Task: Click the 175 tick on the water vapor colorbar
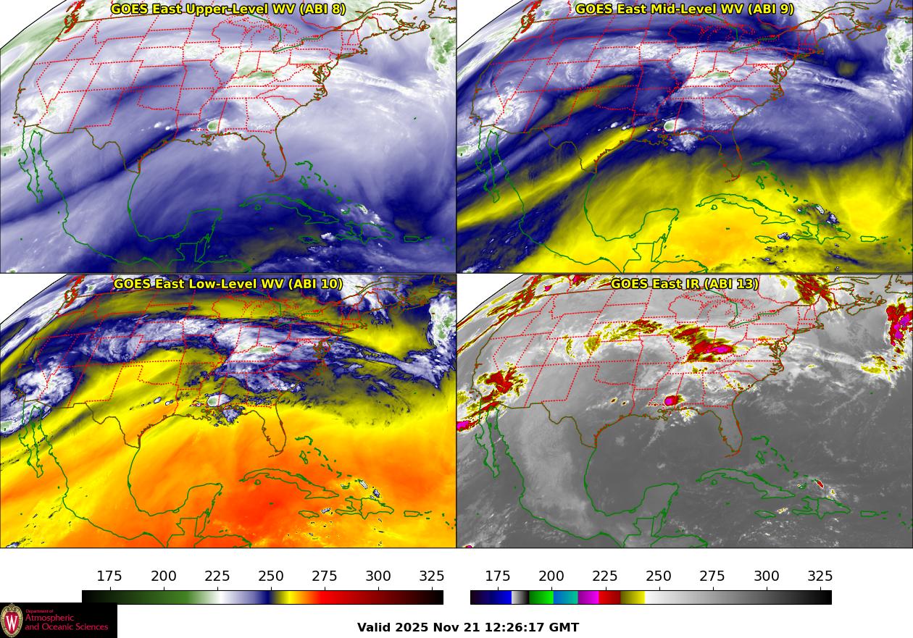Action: pos(109,576)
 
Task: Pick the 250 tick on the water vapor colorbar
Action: pos(271,576)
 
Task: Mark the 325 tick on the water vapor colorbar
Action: pos(432,576)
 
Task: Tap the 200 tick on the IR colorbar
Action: pos(551,576)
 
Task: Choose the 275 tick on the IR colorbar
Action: pos(712,576)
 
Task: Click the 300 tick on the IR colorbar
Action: pos(767,576)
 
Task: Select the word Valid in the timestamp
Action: pos(375,628)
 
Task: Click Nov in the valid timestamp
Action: pos(443,628)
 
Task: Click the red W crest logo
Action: pos(12,621)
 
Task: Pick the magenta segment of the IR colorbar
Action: pos(588,597)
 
